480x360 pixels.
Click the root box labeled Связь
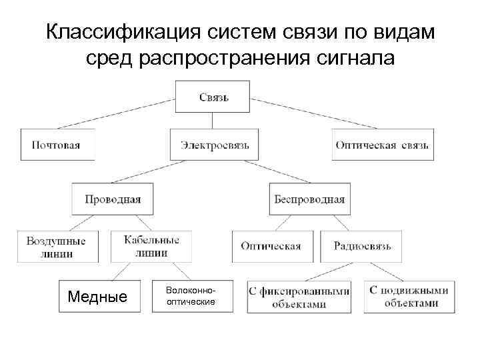pos(213,97)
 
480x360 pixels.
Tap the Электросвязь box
pos(214,145)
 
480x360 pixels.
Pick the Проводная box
pos(113,198)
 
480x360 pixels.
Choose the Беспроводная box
pos(309,198)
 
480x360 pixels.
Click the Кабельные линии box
pos(151,246)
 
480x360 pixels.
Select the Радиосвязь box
pos(361,246)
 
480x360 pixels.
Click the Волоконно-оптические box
pos(191,296)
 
